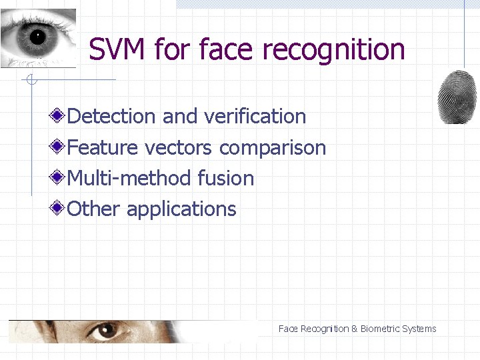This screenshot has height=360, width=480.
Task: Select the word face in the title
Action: pos(227,49)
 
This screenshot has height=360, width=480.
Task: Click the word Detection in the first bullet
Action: pos(111,116)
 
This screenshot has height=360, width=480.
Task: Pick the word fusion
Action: pos(226,178)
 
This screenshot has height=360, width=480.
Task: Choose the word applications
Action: pos(181,210)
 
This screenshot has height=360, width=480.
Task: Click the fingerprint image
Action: pos(457,96)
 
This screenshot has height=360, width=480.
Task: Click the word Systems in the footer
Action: pos(419,329)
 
